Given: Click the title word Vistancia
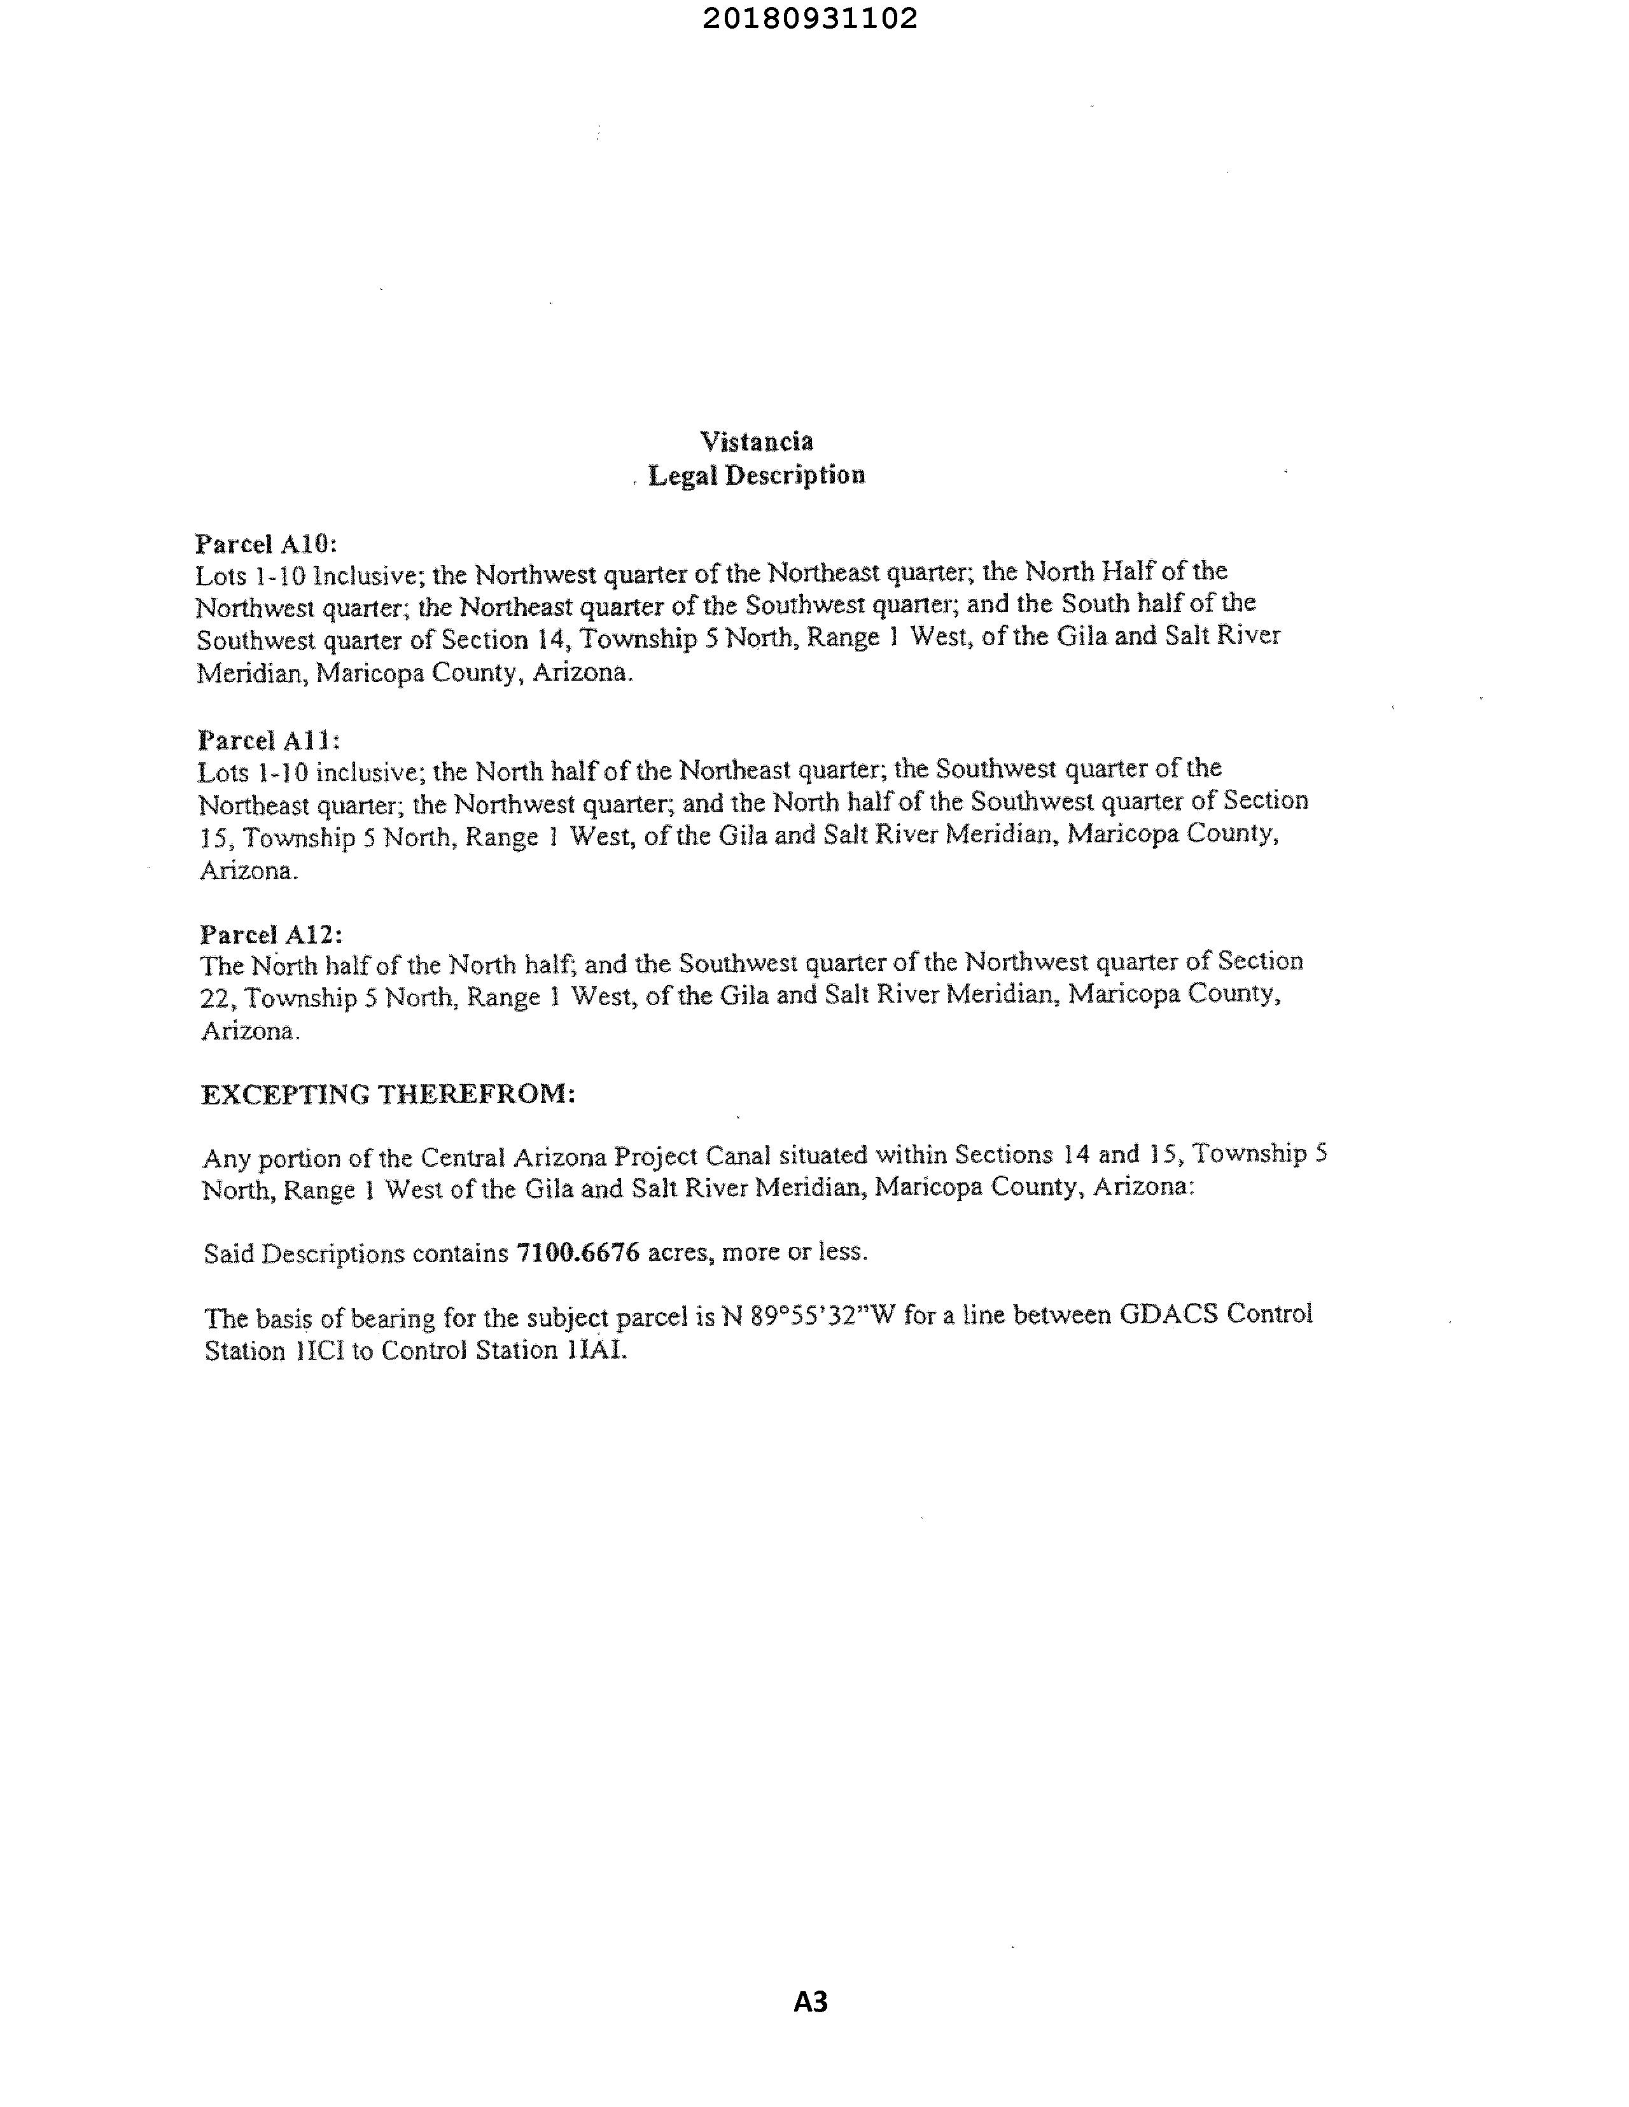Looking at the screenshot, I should [757, 442].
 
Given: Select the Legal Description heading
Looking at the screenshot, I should [757, 476].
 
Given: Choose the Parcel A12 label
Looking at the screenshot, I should [271, 934].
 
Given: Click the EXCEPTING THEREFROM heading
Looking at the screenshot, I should [388, 1094].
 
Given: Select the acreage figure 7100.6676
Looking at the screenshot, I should [578, 1252].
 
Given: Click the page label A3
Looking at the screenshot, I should [811, 2003].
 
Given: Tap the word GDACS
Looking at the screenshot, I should [1169, 1314].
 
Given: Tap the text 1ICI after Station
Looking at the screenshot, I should [314, 1351].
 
